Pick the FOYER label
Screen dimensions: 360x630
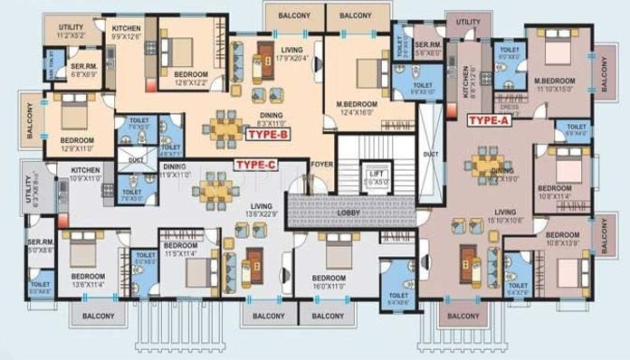click(x=321, y=165)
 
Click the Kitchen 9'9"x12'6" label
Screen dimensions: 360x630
click(x=125, y=33)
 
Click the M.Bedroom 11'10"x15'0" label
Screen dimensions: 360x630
click(x=554, y=84)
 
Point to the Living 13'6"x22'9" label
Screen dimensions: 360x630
click(x=262, y=210)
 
